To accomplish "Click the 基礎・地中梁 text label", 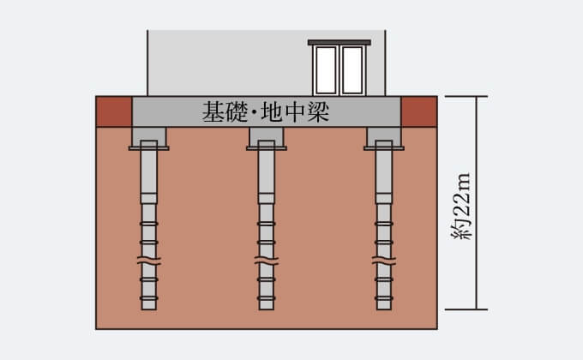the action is [x=266, y=111].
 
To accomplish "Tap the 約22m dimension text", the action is [x=461, y=207].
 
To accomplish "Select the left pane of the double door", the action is [x=326, y=70].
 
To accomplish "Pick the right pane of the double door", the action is [x=352, y=70].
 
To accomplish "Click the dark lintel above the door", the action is [x=340, y=42].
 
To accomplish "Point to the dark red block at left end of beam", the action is [x=114, y=111].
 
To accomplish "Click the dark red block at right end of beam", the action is [x=419, y=111].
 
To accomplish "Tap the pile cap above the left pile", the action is [x=148, y=138].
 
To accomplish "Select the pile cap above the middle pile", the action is [x=267, y=138].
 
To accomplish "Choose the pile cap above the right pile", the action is [x=384, y=138].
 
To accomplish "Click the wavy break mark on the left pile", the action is [x=148, y=261].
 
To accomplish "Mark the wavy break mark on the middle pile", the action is [x=267, y=261].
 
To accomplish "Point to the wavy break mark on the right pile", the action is [x=384, y=261].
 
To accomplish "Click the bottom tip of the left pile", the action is [x=148, y=309].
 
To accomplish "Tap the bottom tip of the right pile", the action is [x=384, y=309].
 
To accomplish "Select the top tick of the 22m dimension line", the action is [x=466, y=96].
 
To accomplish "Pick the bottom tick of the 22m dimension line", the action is [x=466, y=309].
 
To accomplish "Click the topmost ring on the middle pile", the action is [x=267, y=224].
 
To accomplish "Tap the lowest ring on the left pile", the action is [x=148, y=298].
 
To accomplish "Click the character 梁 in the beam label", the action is [x=318, y=111].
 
